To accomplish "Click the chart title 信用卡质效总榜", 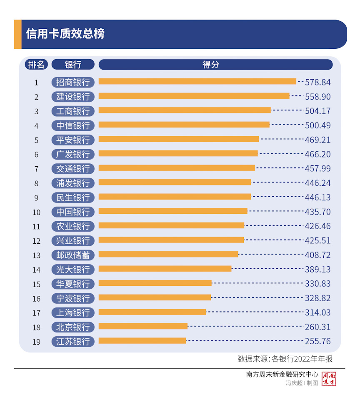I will (x=65, y=34).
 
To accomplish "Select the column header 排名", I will (x=36, y=65).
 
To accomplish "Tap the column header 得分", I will (x=211, y=65).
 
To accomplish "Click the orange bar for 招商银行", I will (x=197, y=82).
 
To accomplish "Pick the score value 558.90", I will (x=317, y=97).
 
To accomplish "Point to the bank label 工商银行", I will (x=73, y=111).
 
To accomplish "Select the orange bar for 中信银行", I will (x=184, y=125).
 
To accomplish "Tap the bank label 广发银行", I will (x=73, y=154).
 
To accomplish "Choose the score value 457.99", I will (x=317, y=169).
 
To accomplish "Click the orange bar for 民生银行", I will (x=175, y=197).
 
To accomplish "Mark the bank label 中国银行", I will (x=73, y=212).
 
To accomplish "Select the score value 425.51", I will (x=317, y=241).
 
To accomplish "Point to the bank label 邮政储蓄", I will (x=73, y=255).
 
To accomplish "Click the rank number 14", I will (x=36, y=270).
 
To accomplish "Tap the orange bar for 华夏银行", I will (x=155, y=283).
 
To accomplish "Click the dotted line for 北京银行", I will (x=246, y=326).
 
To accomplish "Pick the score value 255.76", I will (x=317, y=341).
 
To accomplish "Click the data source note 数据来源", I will (x=285, y=359).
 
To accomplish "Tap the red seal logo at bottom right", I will (x=329, y=379).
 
